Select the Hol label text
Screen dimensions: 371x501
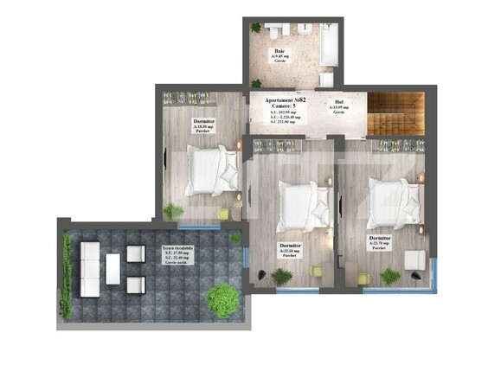coord(338,101)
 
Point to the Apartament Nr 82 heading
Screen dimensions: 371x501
coord(286,101)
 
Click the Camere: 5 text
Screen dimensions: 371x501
coord(285,107)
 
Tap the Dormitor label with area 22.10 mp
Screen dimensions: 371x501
coord(291,246)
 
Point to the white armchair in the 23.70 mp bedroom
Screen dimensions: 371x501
coord(414,259)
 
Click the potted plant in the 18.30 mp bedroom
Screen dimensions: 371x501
coord(174,210)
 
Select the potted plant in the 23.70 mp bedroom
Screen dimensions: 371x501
coord(390,276)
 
